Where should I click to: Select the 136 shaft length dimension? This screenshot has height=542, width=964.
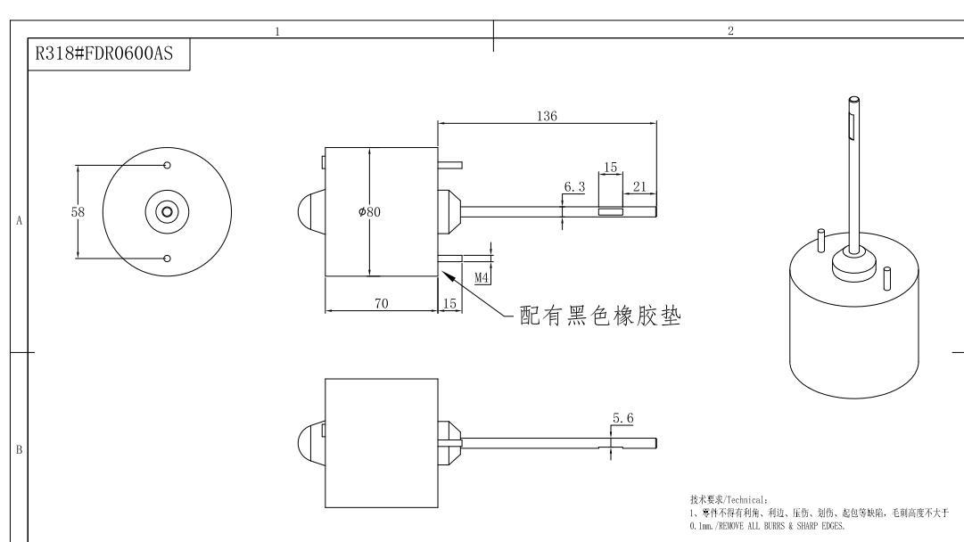(547, 116)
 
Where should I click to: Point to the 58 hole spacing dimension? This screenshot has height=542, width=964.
(78, 212)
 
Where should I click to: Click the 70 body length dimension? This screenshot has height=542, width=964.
(381, 304)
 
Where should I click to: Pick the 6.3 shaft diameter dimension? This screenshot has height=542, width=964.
(573, 188)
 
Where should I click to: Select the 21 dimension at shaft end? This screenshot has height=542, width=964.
(639, 185)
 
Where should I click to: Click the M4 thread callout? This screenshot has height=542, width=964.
(482, 277)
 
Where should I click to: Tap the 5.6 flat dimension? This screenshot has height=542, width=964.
(622, 418)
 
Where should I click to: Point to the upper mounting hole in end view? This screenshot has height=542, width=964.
(168, 165)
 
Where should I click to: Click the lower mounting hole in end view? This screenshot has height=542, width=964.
(168, 259)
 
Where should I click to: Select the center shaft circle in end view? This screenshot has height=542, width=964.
(167, 212)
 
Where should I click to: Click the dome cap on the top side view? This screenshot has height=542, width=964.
(309, 212)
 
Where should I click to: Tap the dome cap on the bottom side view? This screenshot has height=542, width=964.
(309, 443)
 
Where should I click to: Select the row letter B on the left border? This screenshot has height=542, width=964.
(19, 449)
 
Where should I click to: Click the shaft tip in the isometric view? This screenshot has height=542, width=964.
(854, 99)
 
